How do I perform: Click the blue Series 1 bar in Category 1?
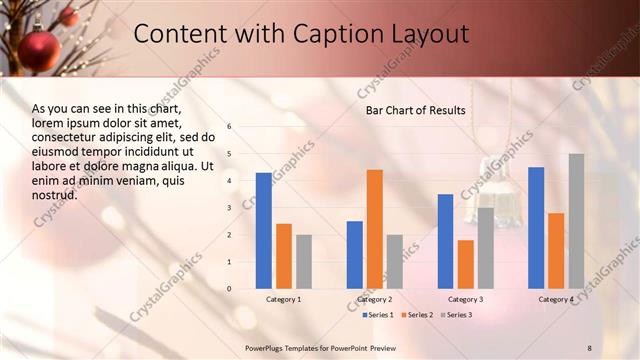point(264,231)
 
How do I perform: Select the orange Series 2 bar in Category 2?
point(375,229)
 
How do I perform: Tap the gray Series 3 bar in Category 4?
point(576,221)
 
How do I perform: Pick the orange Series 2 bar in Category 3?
point(466,264)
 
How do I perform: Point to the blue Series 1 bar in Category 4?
point(536,228)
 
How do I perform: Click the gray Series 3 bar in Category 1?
point(304,262)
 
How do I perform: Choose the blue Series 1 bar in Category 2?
point(355,255)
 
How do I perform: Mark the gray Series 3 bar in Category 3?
point(485,248)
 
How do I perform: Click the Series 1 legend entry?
point(375,315)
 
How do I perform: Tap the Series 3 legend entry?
point(456,315)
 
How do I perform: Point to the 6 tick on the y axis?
point(229,127)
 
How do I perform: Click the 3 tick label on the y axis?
point(229,208)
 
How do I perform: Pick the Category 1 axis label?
point(284,299)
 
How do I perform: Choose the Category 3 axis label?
point(466,299)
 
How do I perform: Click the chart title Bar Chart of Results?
point(415,110)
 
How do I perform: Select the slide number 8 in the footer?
point(589,347)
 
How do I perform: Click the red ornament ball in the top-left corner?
point(41,50)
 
